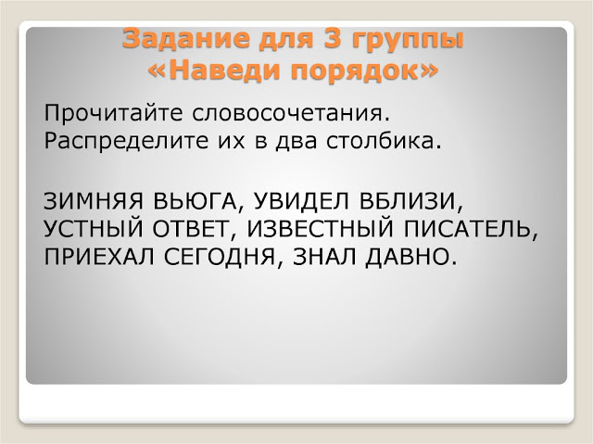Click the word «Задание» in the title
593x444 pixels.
tap(174, 41)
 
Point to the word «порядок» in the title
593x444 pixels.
tap(365, 70)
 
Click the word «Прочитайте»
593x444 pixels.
tap(111, 115)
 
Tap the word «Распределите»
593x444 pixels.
tap(121, 145)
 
